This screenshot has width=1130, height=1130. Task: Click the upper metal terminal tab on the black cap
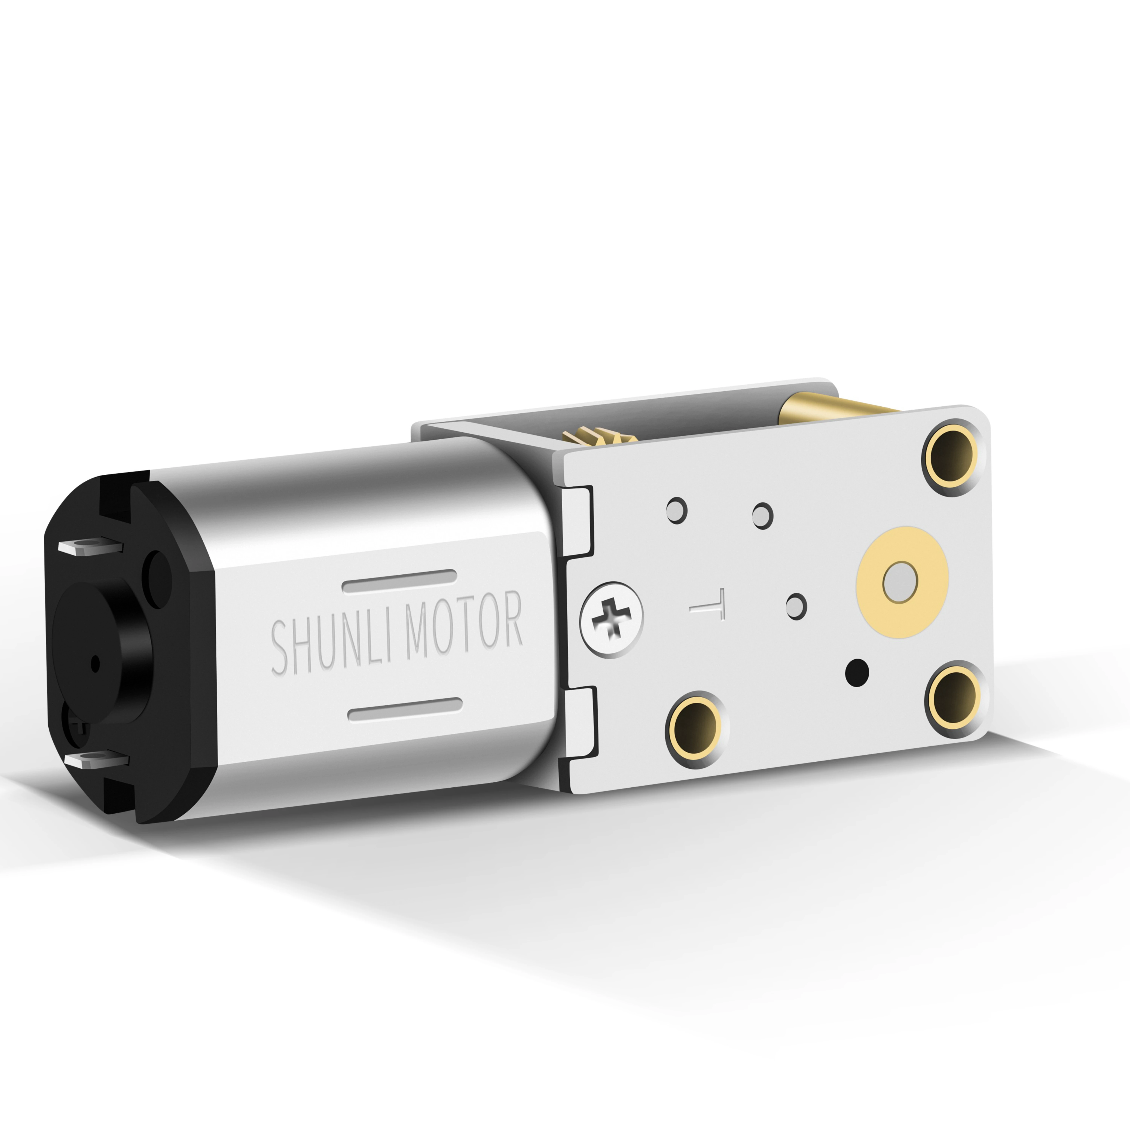(x=89, y=547)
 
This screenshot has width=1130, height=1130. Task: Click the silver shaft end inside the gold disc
(x=899, y=583)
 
